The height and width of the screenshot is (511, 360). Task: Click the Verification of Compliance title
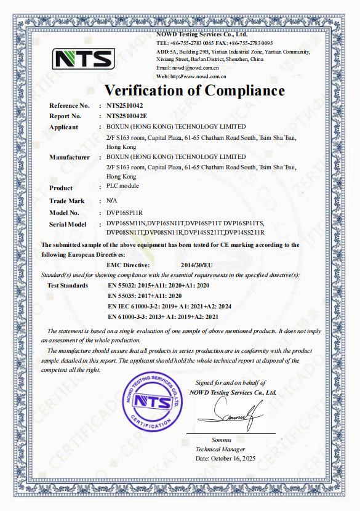pyautogui.click(x=194, y=91)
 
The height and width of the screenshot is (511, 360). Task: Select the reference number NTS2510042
pyautogui.click(x=126, y=106)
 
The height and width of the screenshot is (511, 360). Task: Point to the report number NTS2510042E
pyautogui.click(x=127, y=116)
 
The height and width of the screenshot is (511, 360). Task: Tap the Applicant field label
pyautogui.click(x=63, y=127)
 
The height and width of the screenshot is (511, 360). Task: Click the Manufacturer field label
pyautogui.click(x=70, y=158)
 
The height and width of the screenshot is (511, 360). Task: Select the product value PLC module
pyautogui.click(x=122, y=186)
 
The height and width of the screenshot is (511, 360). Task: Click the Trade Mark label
pyautogui.click(x=67, y=201)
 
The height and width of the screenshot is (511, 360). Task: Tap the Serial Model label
pyautogui.click(x=68, y=224)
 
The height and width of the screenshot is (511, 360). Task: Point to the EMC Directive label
pyautogui.click(x=129, y=264)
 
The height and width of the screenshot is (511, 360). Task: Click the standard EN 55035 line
pyautogui.click(x=143, y=296)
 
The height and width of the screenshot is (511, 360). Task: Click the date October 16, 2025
pyautogui.click(x=225, y=459)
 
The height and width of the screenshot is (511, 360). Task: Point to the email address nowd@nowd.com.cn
pyautogui.click(x=191, y=68)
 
